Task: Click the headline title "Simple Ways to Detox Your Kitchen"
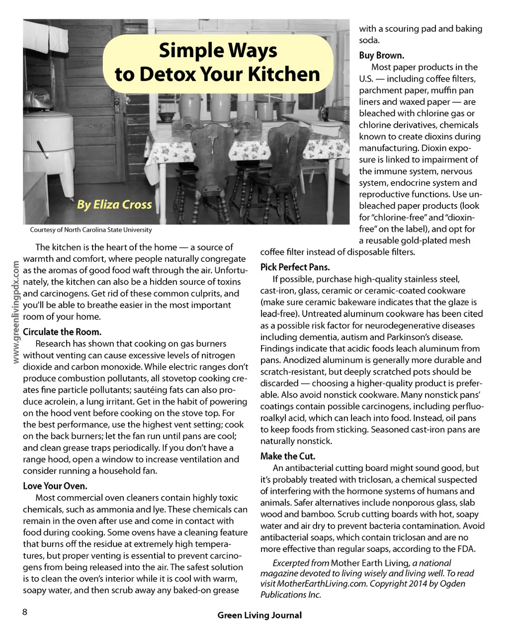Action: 218,63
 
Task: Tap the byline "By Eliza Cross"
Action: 114,204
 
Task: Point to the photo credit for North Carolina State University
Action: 91,230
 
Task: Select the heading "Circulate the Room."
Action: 62,332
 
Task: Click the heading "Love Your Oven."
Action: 55,486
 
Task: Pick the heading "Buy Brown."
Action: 382,55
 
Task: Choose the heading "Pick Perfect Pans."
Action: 295,267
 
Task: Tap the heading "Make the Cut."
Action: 288,456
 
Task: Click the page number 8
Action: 25,612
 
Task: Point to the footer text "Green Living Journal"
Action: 259,615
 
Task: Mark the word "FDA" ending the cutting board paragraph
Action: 467,549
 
